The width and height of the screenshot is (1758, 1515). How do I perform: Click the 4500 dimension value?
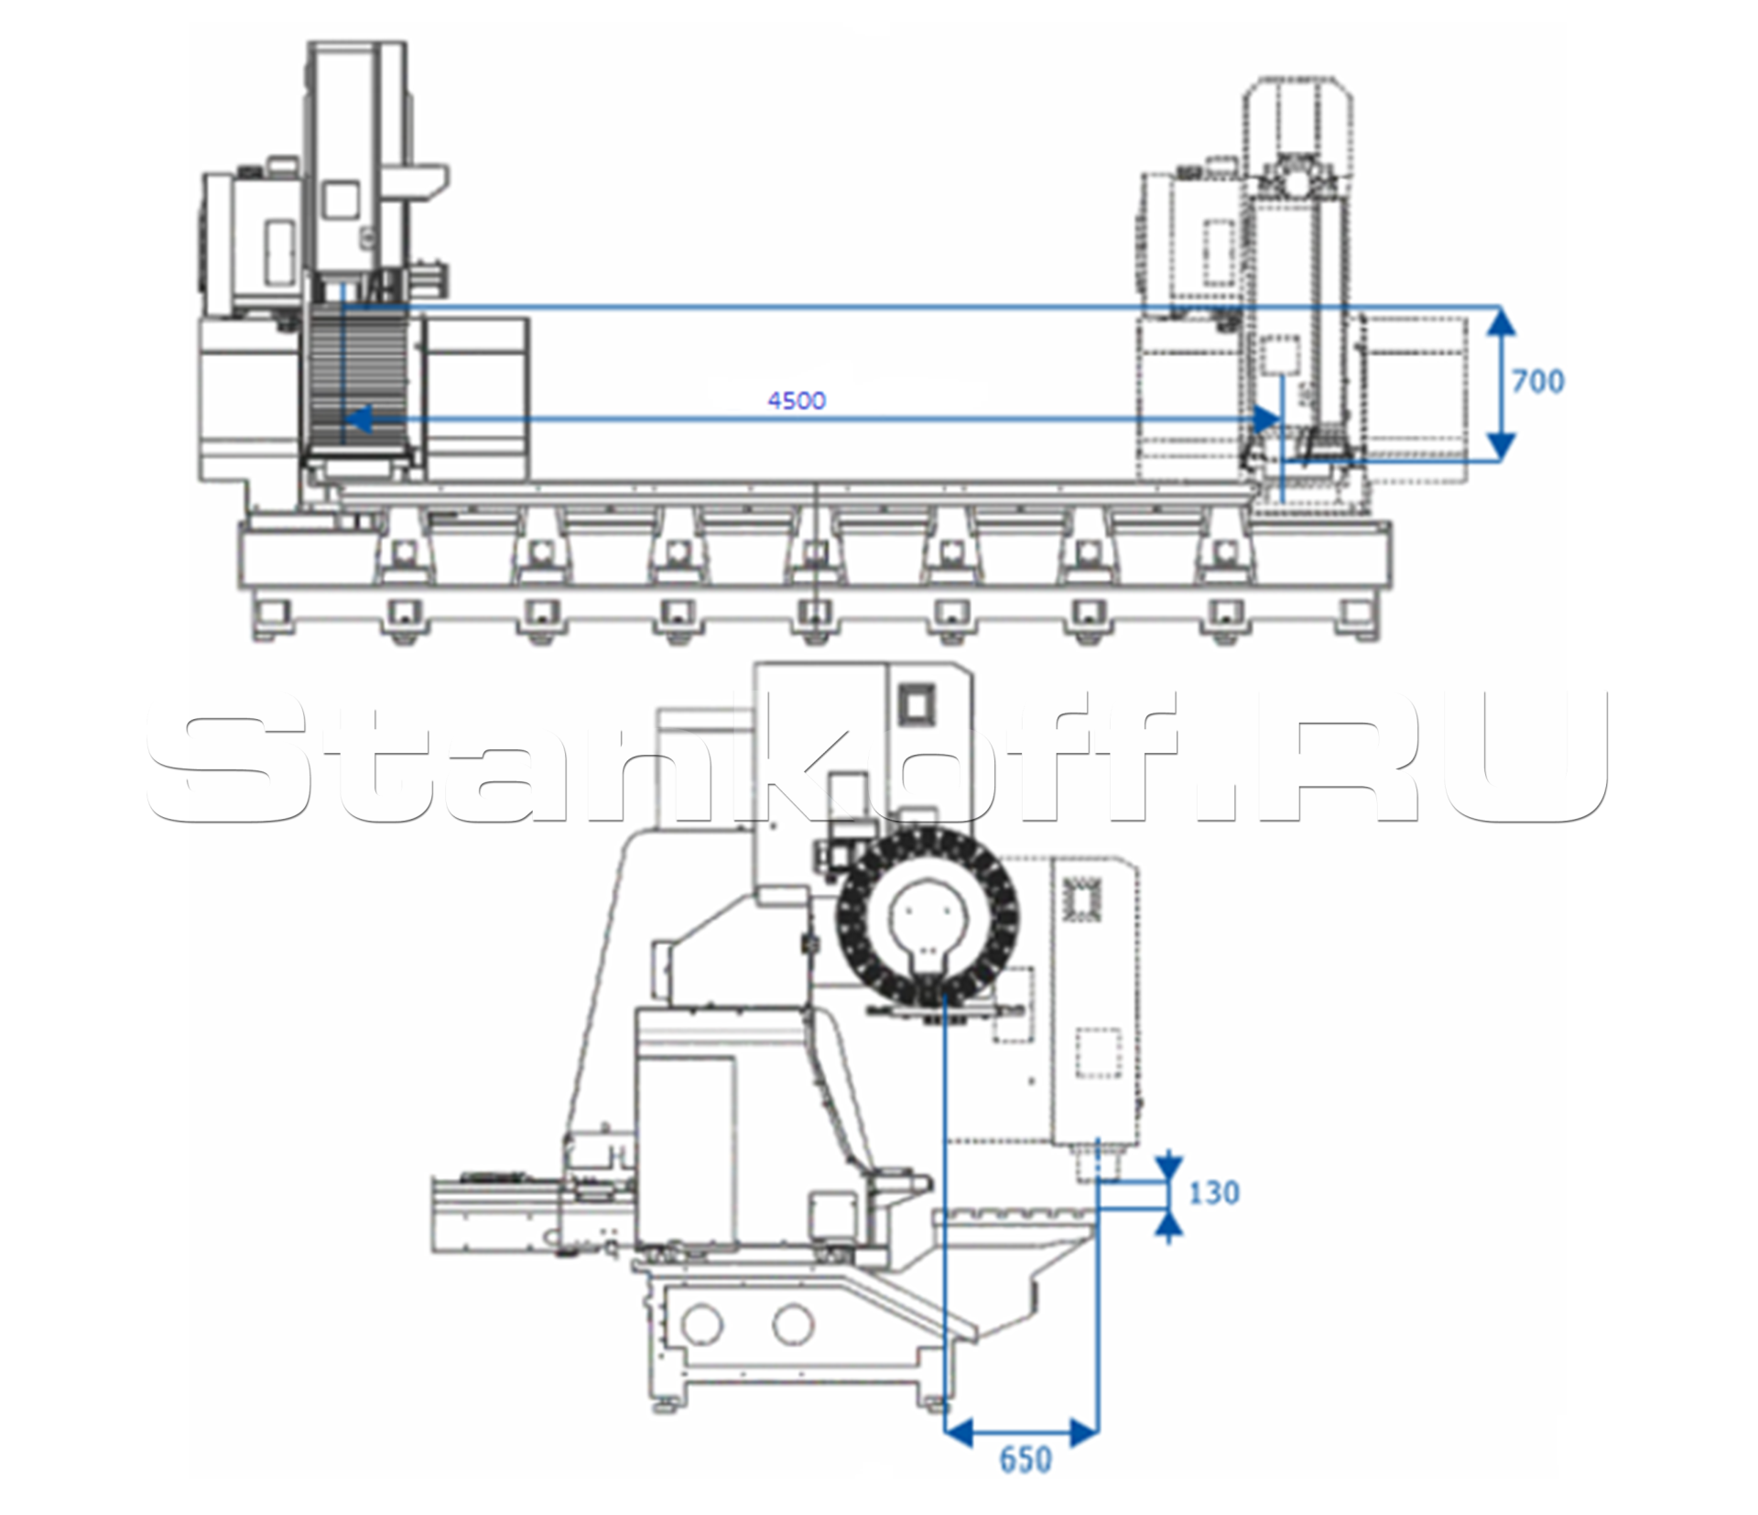pyautogui.click(x=797, y=400)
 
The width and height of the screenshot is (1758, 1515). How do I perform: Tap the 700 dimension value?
pyautogui.click(x=1538, y=381)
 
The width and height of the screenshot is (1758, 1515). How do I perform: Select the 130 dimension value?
pyautogui.click(x=1214, y=1193)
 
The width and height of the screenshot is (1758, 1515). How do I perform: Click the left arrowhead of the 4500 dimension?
pyautogui.click(x=356, y=420)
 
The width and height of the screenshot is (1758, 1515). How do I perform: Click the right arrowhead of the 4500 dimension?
pyautogui.click(x=1266, y=420)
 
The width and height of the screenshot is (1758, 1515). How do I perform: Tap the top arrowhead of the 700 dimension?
pyautogui.click(x=1499, y=321)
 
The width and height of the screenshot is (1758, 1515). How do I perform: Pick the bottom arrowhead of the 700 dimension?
pyautogui.click(x=1499, y=446)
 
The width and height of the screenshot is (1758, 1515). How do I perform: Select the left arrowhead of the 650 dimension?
pyautogui.click(x=958, y=1432)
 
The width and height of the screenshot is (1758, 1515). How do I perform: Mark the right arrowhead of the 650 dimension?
pyautogui.click(x=1084, y=1432)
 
